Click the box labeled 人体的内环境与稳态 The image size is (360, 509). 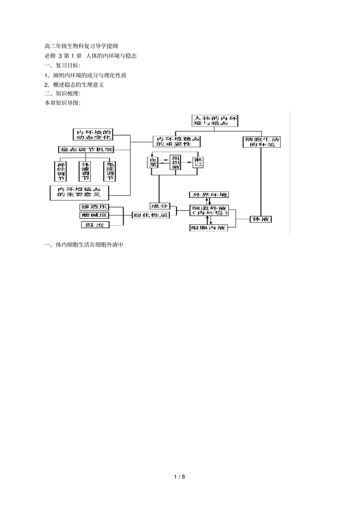click(215, 121)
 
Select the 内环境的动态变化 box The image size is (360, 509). click(93, 134)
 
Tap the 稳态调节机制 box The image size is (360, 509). click(86, 149)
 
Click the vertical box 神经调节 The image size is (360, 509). click(61, 171)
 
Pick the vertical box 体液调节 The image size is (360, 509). click(85, 171)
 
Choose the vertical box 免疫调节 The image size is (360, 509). click(109, 171)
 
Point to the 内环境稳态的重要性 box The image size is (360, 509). click(177, 142)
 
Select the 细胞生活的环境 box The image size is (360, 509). click(261, 142)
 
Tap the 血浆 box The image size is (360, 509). click(153, 162)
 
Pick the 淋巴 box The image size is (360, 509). click(198, 162)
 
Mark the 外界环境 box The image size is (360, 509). click(210, 195)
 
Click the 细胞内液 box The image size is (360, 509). click(208, 228)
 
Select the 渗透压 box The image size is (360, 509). click(94, 207)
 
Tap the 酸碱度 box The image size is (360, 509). click(94, 215)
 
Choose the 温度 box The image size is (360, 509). click(95, 225)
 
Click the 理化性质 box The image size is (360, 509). click(150, 215)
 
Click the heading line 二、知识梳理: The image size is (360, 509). click(63, 94)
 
